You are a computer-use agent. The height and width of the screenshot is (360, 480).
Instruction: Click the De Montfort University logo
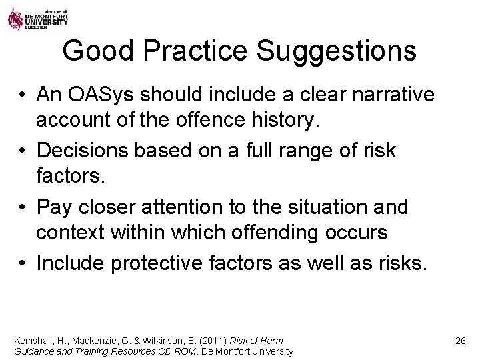37,16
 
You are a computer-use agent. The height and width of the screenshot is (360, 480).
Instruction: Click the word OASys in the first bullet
96,95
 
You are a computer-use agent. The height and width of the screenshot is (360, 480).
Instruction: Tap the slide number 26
460,341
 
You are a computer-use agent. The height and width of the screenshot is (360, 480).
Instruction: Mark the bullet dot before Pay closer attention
23,208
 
